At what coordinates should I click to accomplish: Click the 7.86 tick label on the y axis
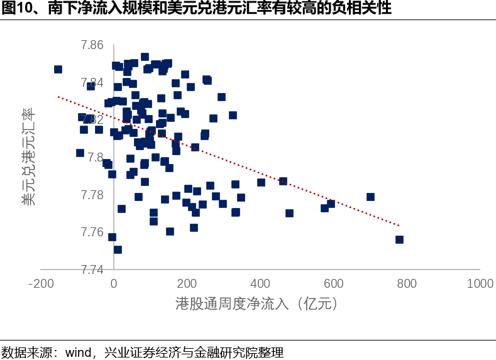point(92,45)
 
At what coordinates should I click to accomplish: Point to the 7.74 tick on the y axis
point(92,270)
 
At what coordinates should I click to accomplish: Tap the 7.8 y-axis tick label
point(96,158)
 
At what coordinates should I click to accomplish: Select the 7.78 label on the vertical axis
point(92,195)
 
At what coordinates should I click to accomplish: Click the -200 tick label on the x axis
point(40,284)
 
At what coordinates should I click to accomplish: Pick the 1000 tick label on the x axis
point(480,284)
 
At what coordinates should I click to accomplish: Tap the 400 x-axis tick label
point(260,284)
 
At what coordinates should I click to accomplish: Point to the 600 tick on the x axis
point(334,284)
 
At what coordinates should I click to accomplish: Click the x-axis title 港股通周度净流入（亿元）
point(258,304)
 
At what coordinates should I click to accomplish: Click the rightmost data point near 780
point(399,239)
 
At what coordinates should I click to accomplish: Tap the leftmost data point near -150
point(58,69)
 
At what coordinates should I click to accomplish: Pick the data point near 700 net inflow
point(370,197)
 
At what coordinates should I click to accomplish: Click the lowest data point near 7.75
point(118,249)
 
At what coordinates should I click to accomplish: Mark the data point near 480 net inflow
point(289,213)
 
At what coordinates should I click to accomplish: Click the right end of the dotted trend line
point(399,225)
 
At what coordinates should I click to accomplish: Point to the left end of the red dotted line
point(58,97)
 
